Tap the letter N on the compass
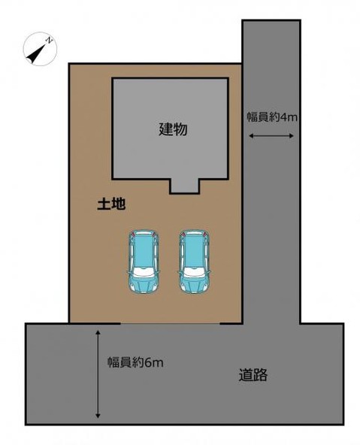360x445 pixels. [x=49, y=38]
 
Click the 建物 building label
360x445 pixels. [x=173, y=129]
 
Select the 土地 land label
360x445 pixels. [x=111, y=203]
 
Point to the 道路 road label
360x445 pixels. [x=253, y=374]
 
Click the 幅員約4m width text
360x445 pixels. [x=271, y=117]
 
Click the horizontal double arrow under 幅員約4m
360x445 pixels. [x=271, y=135]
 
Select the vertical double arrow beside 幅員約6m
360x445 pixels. [x=98, y=373]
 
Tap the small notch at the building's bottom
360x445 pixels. [x=184, y=185]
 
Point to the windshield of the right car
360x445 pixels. [x=194, y=271]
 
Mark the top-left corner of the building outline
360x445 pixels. [x=113, y=77]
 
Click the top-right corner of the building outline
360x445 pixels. [x=228, y=77]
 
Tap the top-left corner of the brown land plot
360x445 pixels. [x=70, y=64]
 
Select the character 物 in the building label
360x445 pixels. [x=180, y=129]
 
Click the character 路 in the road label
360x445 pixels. [x=261, y=374]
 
